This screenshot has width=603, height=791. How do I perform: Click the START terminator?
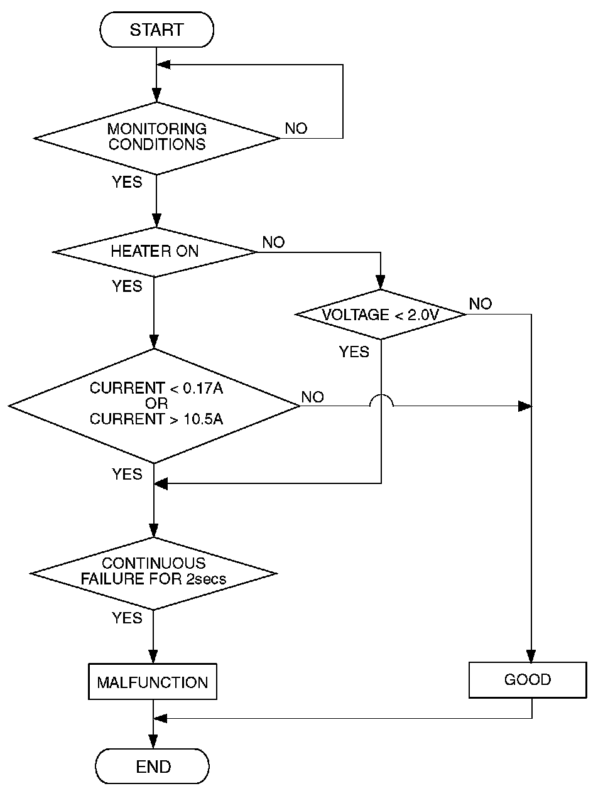point(156,30)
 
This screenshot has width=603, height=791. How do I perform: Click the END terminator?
point(153,767)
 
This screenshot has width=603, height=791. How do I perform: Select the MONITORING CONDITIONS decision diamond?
point(156,137)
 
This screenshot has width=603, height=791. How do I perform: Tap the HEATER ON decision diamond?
point(155,252)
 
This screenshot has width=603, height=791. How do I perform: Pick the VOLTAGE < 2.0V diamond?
point(381,315)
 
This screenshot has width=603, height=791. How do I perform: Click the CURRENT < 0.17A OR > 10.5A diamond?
point(155,405)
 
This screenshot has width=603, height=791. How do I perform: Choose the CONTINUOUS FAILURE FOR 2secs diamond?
point(154,572)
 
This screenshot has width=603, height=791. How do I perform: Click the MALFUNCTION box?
point(153,682)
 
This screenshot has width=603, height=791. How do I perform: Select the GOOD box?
point(528,680)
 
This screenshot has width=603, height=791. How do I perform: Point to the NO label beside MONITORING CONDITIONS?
point(296,129)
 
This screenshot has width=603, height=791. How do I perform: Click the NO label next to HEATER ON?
point(273,242)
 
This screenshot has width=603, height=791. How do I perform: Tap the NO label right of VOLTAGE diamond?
point(481,304)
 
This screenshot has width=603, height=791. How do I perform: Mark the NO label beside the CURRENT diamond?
point(313,397)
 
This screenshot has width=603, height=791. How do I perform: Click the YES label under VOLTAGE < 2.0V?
point(354,352)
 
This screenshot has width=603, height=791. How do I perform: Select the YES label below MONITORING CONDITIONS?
point(128,182)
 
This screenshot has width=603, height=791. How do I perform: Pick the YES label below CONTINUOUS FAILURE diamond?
point(128,618)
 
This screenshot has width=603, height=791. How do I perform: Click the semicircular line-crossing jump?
point(381,401)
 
